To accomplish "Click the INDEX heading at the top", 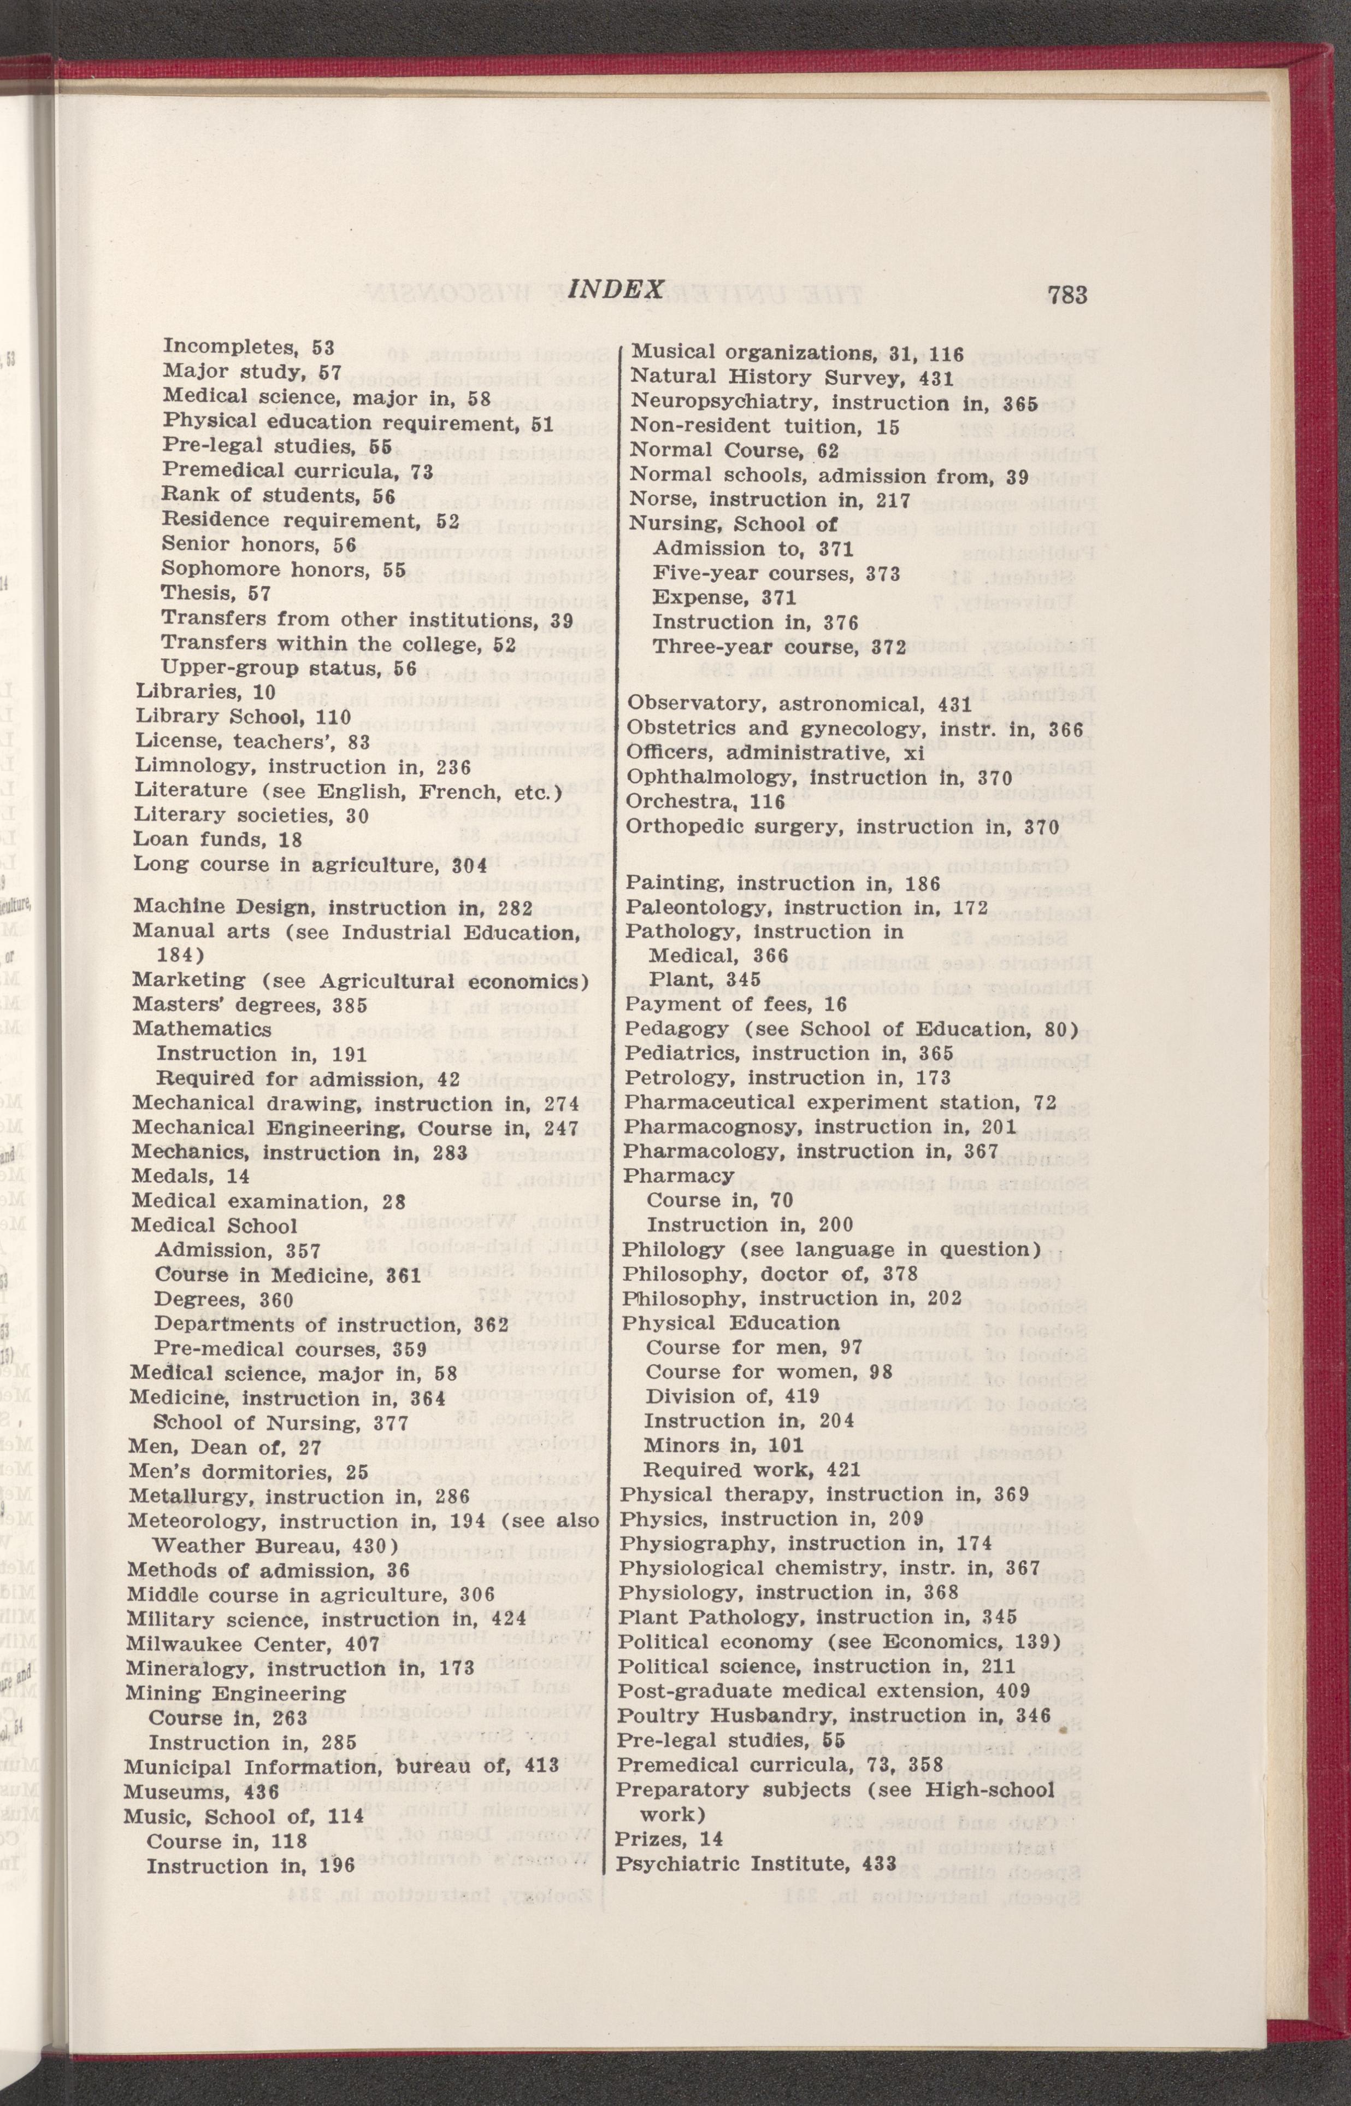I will tap(615, 290).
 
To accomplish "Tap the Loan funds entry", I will tap(217, 840).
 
